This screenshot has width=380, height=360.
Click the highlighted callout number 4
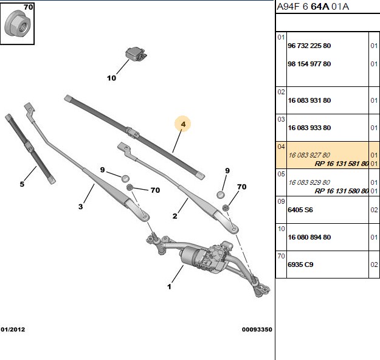[183, 124]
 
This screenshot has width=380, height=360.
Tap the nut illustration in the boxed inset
[17, 24]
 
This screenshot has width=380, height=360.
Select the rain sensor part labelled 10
[136, 54]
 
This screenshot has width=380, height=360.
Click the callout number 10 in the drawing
[111, 78]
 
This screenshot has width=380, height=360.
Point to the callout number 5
[22, 184]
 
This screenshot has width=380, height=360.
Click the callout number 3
[80, 207]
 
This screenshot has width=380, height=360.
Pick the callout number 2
[174, 216]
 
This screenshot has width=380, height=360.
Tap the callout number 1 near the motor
[169, 287]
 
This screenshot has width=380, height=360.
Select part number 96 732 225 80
[309, 46]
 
